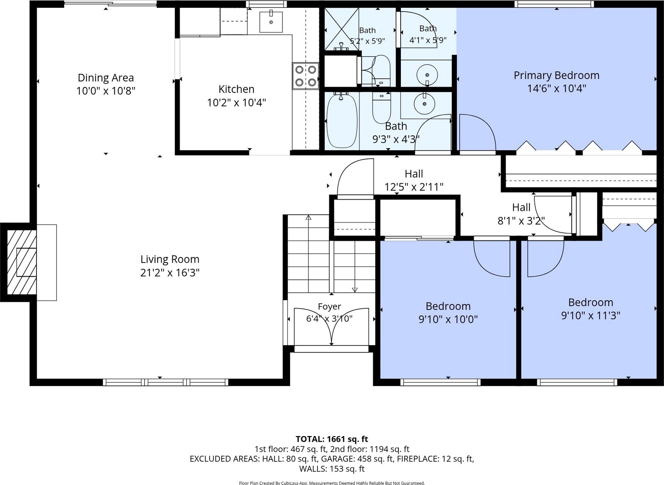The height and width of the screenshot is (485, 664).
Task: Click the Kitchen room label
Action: point(236,89)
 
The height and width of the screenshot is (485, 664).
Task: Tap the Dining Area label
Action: point(106,77)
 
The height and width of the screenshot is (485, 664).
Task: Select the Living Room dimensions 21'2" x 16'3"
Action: point(170,273)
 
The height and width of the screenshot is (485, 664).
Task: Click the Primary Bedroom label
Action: point(556,75)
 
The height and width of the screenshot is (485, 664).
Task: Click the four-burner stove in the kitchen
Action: point(306,76)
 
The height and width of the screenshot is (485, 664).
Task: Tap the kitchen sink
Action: point(271,22)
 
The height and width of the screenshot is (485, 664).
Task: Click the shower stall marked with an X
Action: point(341,29)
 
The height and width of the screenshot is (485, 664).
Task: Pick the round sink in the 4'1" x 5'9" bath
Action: point(427,75)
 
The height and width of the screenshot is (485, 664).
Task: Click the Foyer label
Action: point(329,306)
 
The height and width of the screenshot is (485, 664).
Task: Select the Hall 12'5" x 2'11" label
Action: point(413,180)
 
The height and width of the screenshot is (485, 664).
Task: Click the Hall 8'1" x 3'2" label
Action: point(521,214)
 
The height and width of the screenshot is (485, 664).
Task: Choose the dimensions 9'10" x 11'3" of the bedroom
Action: point(590,315)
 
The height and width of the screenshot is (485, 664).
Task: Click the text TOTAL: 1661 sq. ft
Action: point(332,439)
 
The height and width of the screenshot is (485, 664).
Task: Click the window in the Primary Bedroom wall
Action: point(554,4)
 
